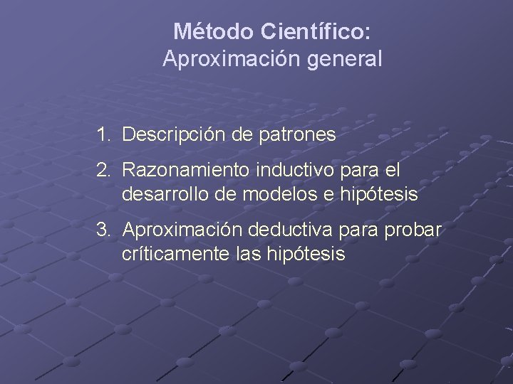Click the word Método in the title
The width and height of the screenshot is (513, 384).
click(x=214, y=32)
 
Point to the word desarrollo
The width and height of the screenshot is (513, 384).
click(x=163, y=194)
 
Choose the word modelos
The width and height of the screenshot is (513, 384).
click(x=266, y=194)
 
